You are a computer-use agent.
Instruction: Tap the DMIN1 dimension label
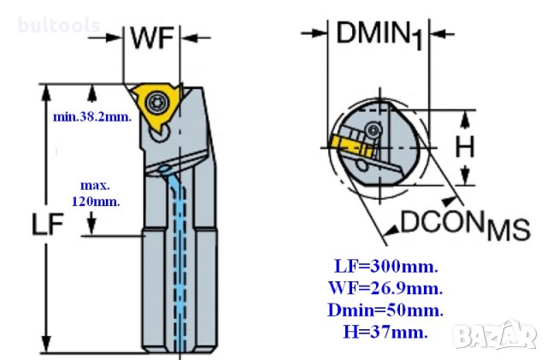click(379, 35)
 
